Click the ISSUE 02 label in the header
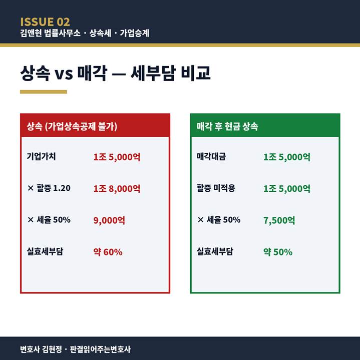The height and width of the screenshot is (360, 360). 45,22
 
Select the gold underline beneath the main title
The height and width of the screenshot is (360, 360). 43,92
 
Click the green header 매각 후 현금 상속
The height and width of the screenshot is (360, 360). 227,126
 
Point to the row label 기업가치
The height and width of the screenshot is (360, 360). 41,156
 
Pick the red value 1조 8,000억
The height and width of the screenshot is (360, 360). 117,189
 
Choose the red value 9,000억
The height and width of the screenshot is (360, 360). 109,220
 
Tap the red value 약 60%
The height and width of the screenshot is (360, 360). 108,252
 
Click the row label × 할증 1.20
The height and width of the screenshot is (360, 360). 49,188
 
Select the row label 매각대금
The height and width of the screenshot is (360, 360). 211,156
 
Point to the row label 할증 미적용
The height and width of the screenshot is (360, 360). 216,188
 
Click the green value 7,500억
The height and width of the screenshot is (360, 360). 279,220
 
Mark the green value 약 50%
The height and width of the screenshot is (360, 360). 278,252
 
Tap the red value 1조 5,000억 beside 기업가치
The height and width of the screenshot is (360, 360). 117,157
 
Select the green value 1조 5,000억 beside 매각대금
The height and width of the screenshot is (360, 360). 287,157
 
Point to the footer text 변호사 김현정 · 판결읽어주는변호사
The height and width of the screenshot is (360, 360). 75,349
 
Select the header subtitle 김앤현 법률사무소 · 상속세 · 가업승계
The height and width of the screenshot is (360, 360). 84,34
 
